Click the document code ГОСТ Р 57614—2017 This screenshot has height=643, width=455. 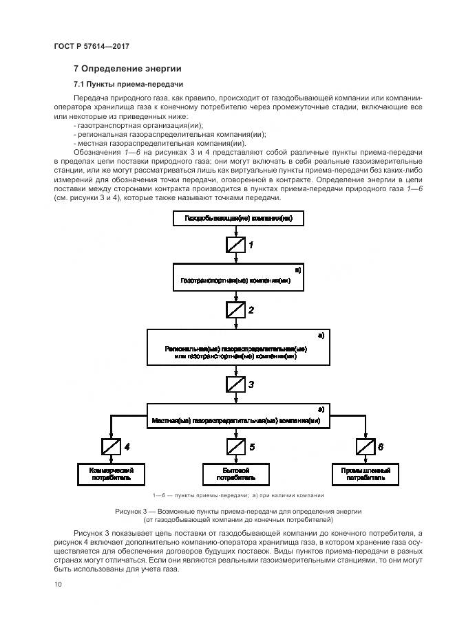point(92,45)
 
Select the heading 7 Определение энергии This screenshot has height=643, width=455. point(127,68)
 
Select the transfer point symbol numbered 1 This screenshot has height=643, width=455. point(236,245)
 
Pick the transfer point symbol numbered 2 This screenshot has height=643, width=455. point(236,310)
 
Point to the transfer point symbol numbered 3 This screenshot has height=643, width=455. point(236,384)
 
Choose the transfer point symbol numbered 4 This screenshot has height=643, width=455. point(111,447)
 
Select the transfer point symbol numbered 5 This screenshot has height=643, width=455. point(236,447)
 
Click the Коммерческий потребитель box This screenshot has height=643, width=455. point(111,473)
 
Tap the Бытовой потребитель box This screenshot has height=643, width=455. point(236,473)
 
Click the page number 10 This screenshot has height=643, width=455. point(58,585)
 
